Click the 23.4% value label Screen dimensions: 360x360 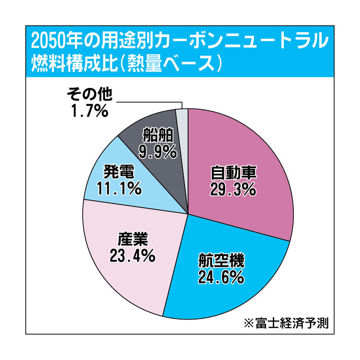(x=133, y=256)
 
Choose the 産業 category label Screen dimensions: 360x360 (x=133, y=239)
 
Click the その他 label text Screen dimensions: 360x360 (x=90, y=94)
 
